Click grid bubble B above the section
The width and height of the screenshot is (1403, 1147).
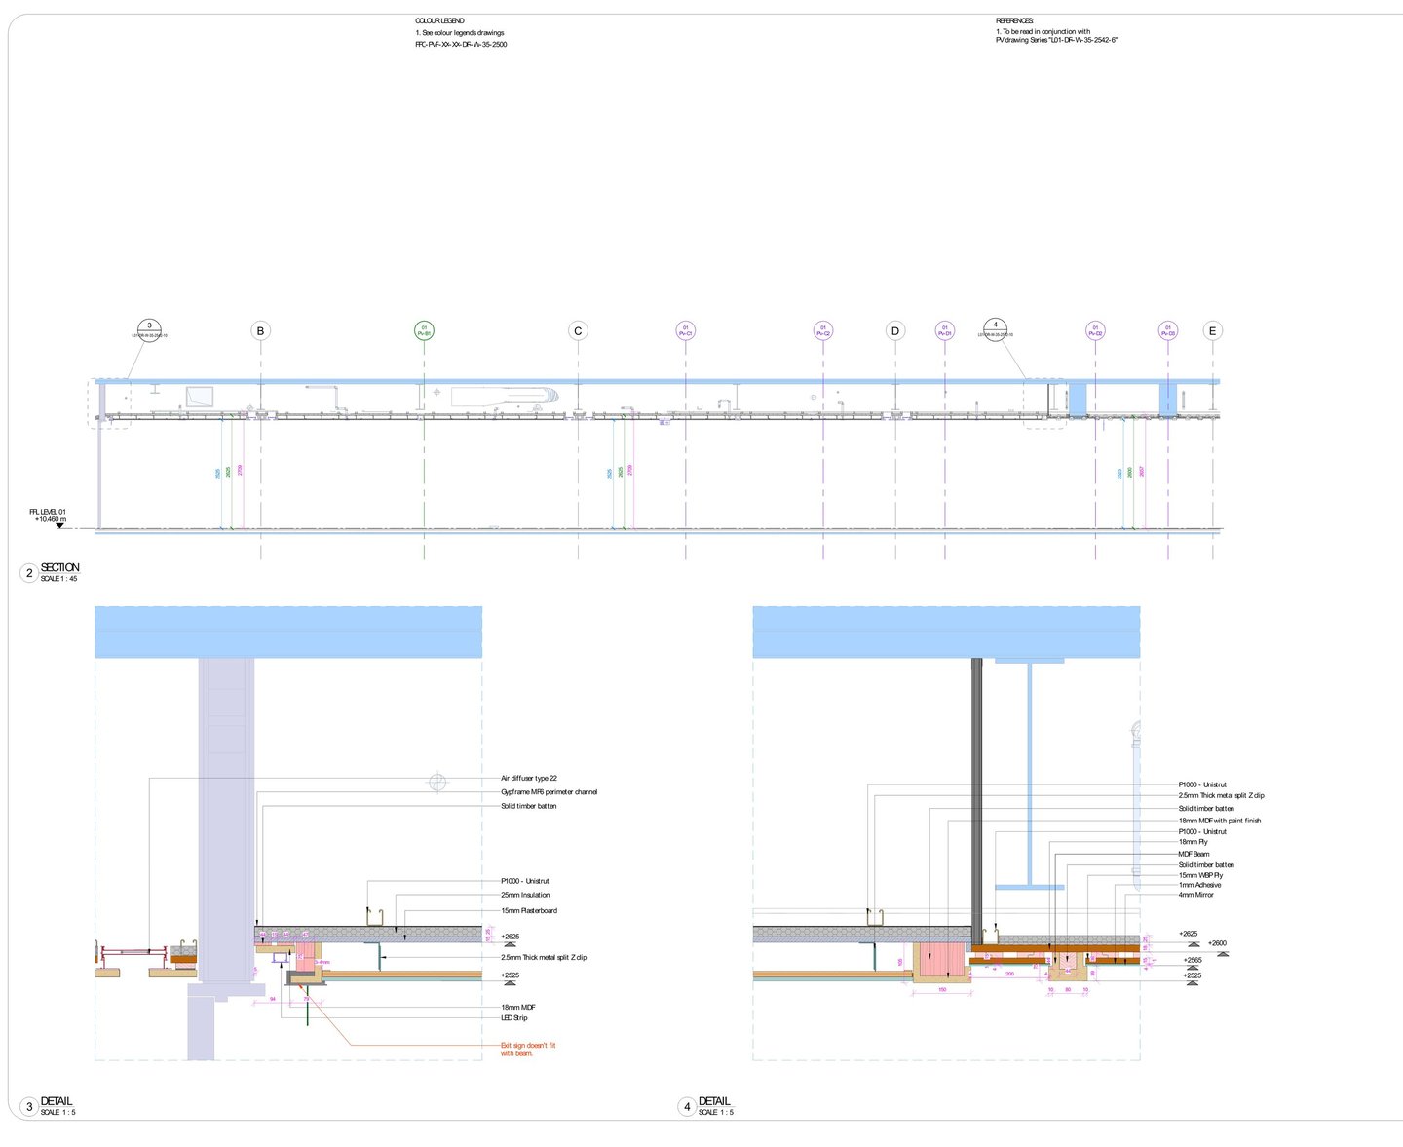pos(260,331)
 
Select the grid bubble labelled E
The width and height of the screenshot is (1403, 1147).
pos(1213,331)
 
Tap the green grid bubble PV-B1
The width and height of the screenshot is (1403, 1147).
pos(424,331)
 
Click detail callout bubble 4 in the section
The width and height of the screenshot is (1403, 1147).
pos(995,327)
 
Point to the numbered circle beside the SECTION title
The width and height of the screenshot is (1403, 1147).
pos(29,573)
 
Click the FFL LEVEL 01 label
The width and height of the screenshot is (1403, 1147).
pos(48,512)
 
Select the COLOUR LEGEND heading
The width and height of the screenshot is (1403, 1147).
pos(439,20)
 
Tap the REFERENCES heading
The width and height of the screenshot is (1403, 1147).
pos(1014,20)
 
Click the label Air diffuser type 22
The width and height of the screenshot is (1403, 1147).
pos(529,779)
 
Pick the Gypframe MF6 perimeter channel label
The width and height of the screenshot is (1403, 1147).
pos(549,792)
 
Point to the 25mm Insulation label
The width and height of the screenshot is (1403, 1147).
pos(525,895)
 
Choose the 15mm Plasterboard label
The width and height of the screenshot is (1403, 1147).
pos(529,911)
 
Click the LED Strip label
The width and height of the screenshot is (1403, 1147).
pos(514,1018)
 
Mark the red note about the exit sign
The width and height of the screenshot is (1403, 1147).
pos(528,1050)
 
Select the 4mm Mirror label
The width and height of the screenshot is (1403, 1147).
pos(1196,895)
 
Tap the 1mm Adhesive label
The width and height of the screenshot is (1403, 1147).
pos(1199,885)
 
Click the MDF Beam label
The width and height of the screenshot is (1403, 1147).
pos(1194,854)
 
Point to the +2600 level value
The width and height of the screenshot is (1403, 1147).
pos(1217,943)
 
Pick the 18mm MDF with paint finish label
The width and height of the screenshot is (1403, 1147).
pos(1219,821)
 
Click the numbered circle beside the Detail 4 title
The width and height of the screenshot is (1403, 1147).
pos(687,1107)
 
